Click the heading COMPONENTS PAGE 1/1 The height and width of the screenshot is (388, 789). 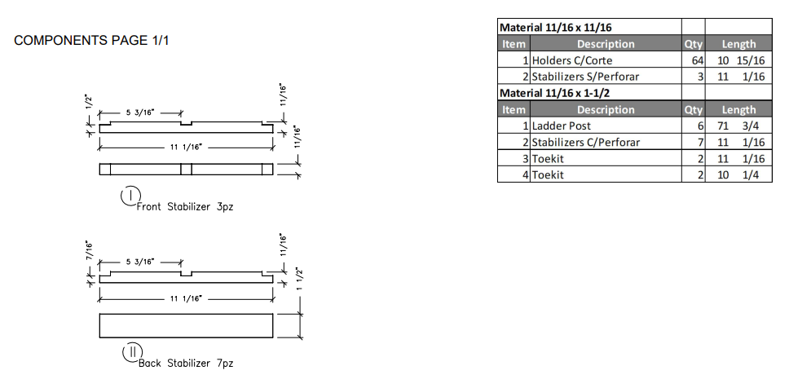(92, 41)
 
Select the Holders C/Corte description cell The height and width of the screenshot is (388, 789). (571, 60)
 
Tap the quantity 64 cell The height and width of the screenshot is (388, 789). (693, 60)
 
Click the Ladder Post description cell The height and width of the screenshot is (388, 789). (562, 126)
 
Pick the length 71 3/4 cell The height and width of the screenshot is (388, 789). (738, 126)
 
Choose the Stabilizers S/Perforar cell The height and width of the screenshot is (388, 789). (585, 77)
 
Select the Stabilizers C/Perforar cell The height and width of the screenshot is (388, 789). (586, 142)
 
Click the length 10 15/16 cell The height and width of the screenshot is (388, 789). (738, 60)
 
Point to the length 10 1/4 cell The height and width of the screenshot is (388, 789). (738, 174)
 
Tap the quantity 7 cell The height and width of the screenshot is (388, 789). (693, 142)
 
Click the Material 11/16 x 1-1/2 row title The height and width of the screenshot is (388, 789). (555, 93)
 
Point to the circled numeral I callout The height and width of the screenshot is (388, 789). (130, 196)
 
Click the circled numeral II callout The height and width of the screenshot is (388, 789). (130, 352)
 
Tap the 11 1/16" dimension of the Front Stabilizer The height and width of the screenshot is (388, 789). (185, 147)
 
